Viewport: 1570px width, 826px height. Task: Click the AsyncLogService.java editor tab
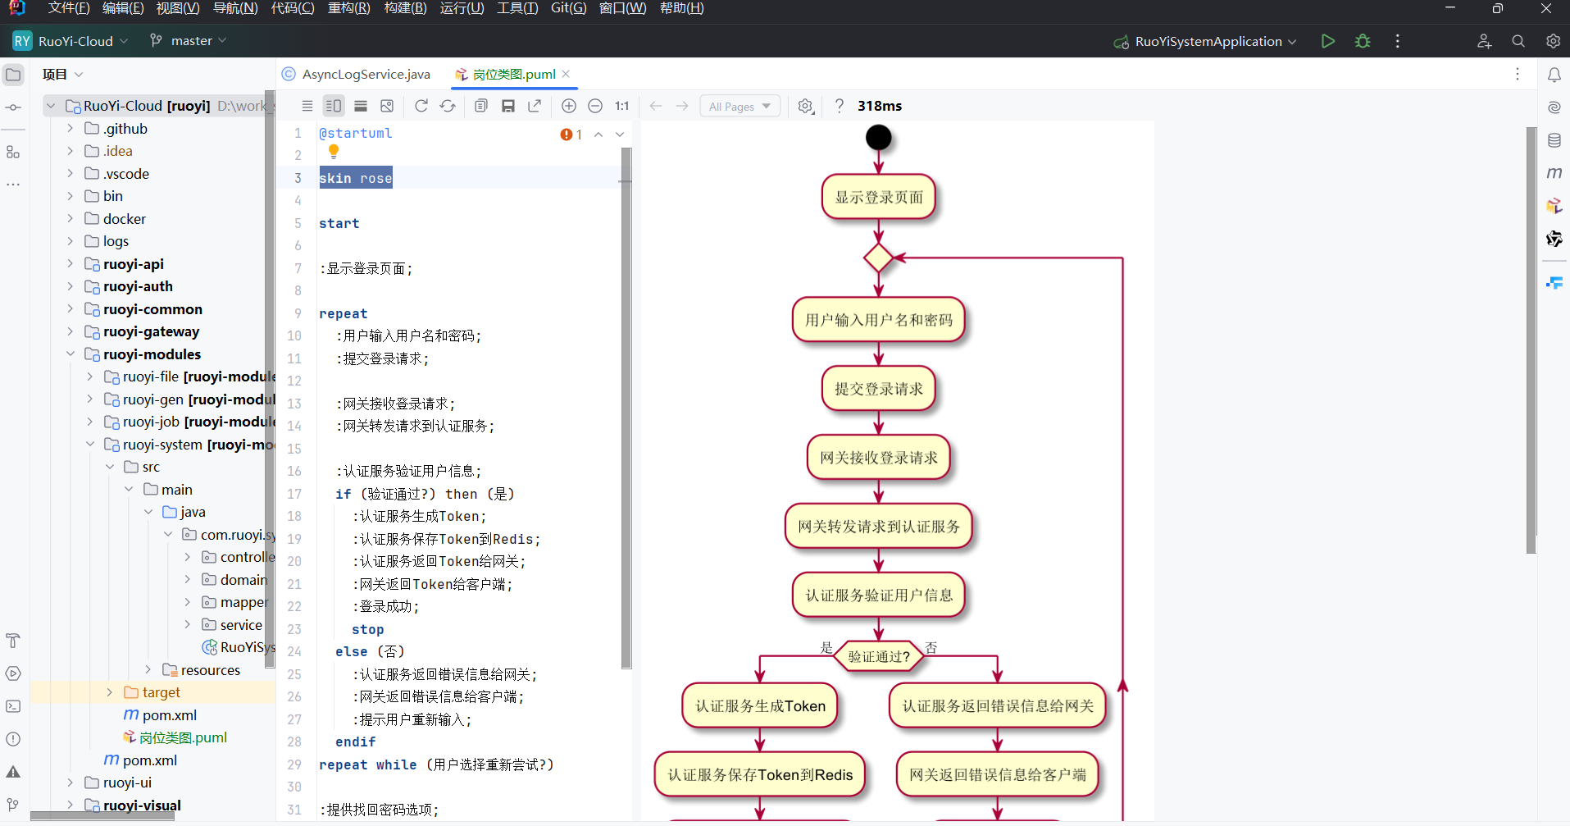[x=365, y=75]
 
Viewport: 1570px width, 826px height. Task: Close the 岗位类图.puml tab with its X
[x=566, y=74]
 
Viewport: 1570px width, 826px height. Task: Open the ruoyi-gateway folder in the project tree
[x=151, y=331]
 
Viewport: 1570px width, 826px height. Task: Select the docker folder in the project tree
[x=124, y=219]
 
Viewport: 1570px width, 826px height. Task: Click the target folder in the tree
[x=161, y=692]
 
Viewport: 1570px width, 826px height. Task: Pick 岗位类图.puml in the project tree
[x=183, y=737]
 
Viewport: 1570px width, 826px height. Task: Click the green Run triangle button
[x=1327, y=41]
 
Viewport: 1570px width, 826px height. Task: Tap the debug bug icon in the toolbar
[x=1363, y=41]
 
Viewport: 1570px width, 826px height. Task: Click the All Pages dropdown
[x=739, y=106]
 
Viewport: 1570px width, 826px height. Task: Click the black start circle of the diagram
[x=878, y=137]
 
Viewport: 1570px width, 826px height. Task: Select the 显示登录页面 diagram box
[x=878, y=197]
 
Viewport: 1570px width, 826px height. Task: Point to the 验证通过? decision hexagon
[x=878, y=656]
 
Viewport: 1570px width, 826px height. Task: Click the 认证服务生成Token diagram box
[x=760, y=706]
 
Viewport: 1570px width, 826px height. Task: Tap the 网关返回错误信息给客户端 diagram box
[x=997, y=775]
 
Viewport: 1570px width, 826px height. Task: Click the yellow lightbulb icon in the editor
[x=334, y=151]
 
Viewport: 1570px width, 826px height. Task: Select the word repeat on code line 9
[x=343, y=313]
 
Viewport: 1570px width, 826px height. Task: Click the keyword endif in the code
[x=355, y=742]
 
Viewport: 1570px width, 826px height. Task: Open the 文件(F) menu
[x=69, y=8]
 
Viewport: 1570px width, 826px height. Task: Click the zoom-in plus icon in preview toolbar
[x=568, y=106]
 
